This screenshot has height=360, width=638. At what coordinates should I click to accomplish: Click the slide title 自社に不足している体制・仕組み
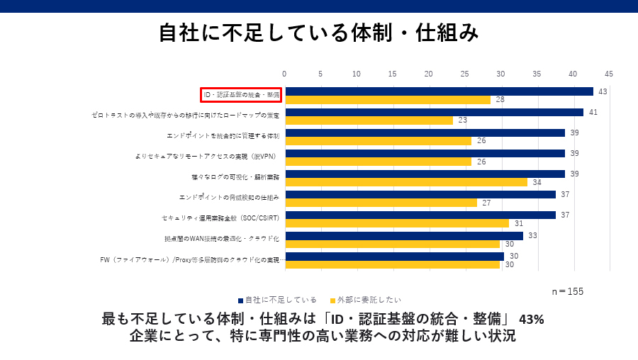(x=318, y=33)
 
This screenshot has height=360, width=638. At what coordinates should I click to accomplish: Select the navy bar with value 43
(x=439, y=91)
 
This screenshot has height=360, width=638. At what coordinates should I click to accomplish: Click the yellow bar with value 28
(x=387, y=100)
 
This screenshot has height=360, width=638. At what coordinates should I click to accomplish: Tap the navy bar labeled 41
(x=434, y=112)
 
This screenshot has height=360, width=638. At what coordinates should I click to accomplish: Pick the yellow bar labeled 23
(x=369, y=120)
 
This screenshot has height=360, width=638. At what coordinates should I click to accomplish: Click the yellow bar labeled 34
(x=405, y=182)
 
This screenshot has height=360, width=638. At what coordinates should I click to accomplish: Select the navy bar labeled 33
(x=403, y=236)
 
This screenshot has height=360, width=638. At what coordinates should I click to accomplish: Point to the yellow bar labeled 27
(x=381, y=203)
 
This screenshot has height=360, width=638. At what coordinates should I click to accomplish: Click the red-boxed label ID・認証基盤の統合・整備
(x=241, y=95)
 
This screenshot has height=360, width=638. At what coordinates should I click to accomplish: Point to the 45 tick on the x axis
(x=608, y=74)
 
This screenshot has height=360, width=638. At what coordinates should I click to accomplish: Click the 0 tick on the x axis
(x=284, y=74)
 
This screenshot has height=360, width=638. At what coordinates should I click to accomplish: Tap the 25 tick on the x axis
(x=464, y=74)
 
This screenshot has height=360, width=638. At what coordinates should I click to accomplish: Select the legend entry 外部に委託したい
(x=364, y=300)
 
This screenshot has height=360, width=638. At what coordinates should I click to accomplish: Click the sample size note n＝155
(x=567, y=291)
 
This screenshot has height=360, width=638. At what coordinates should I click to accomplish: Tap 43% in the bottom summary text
(x=532, y=319)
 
